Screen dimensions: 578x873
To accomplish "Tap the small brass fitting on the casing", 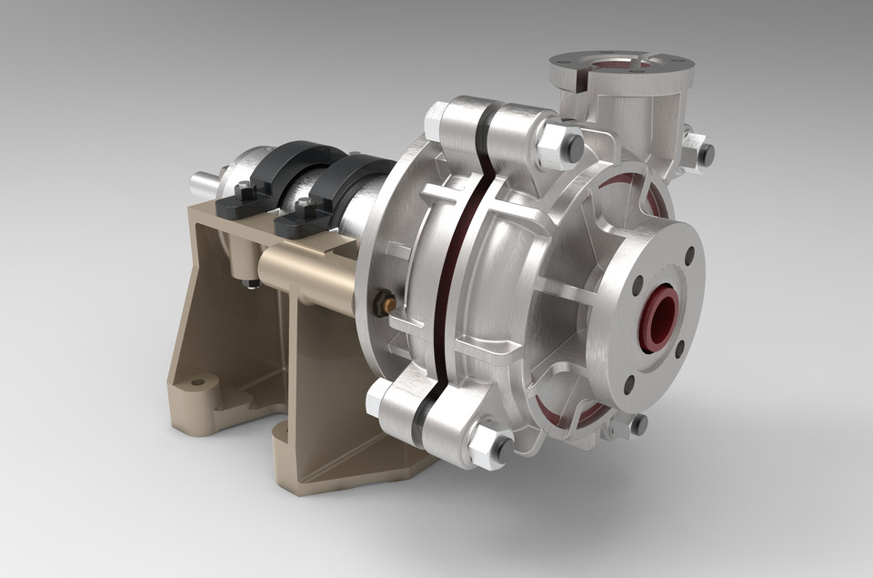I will coord(386,301).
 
